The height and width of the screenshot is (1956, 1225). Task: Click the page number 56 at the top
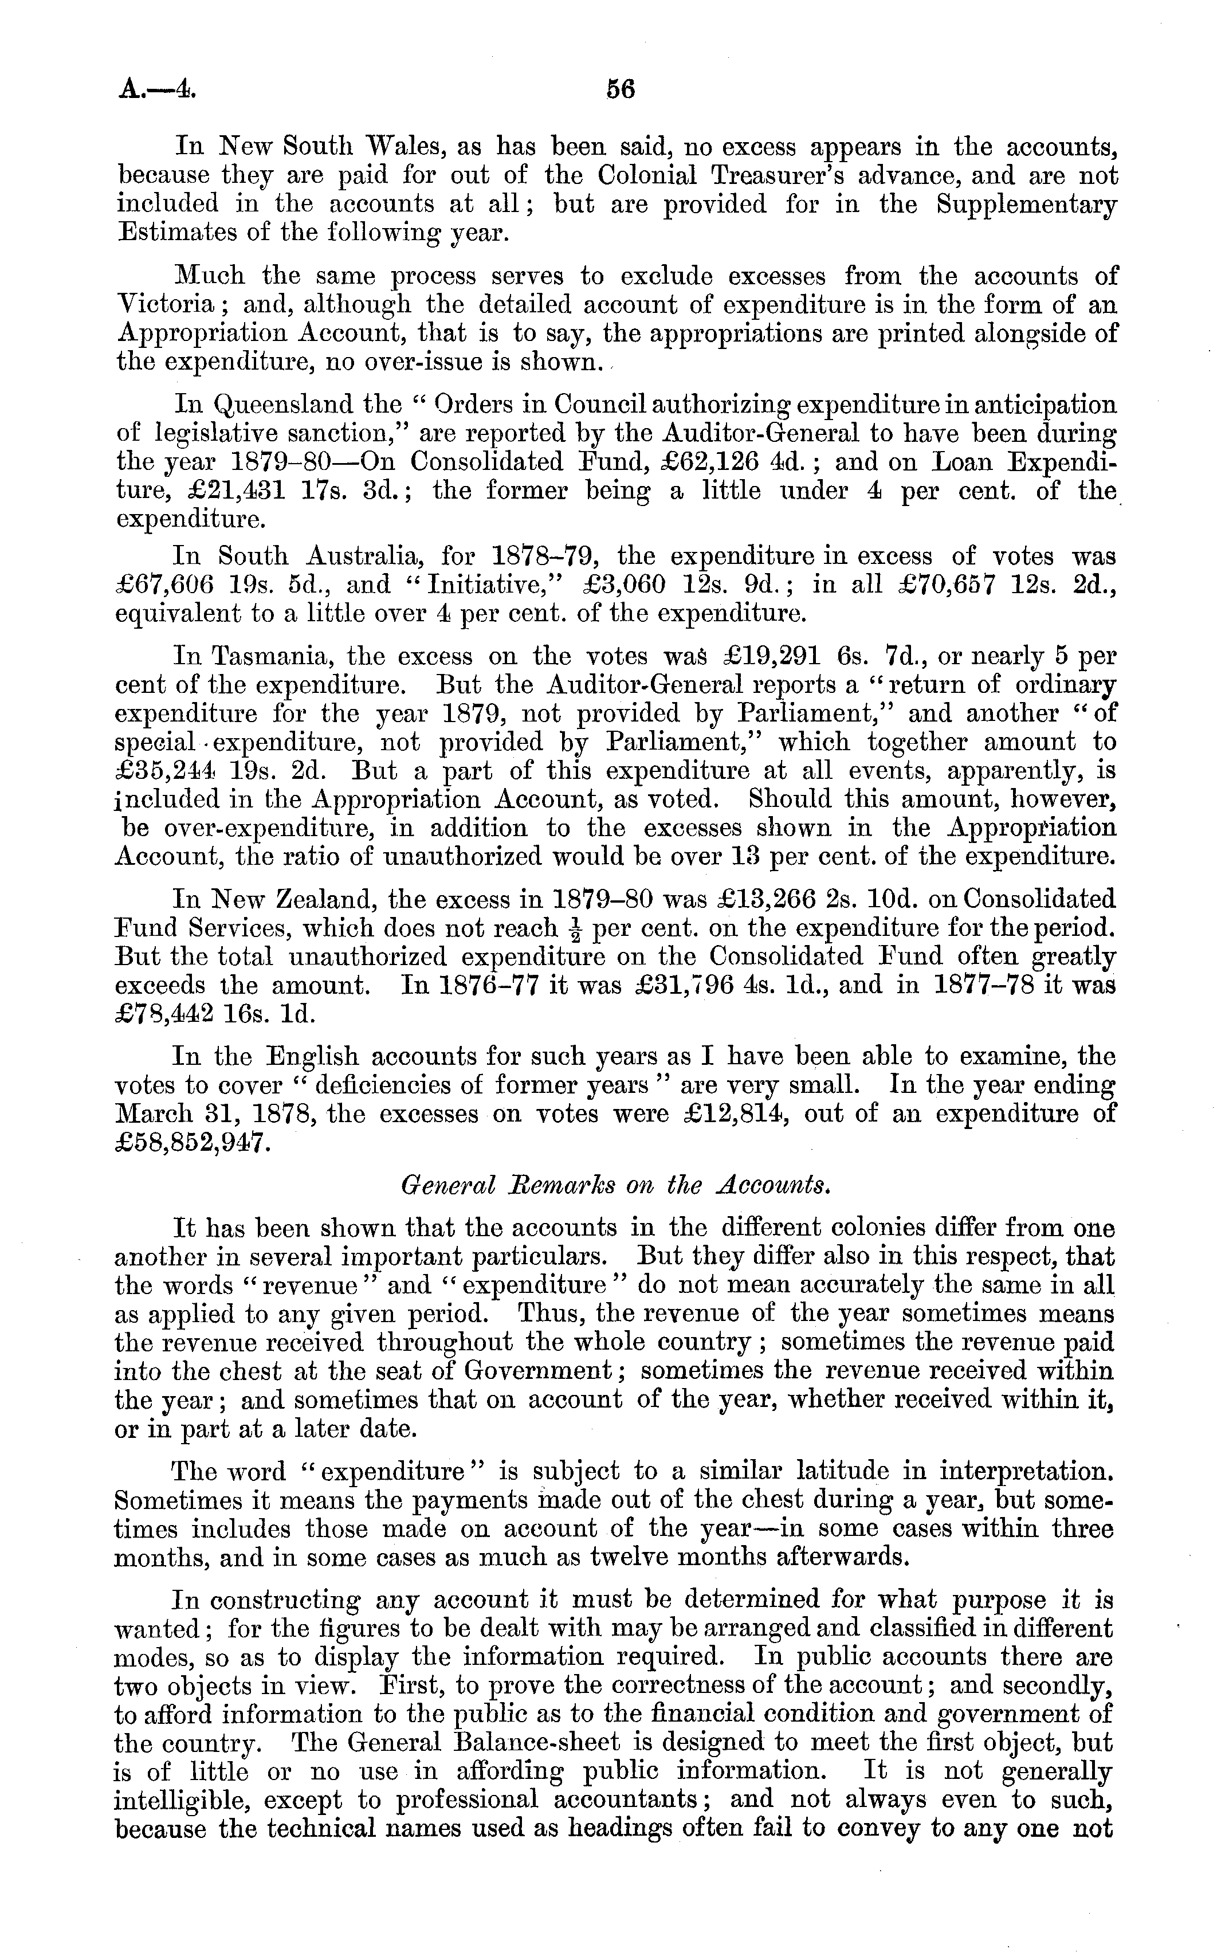pos(620,89)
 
